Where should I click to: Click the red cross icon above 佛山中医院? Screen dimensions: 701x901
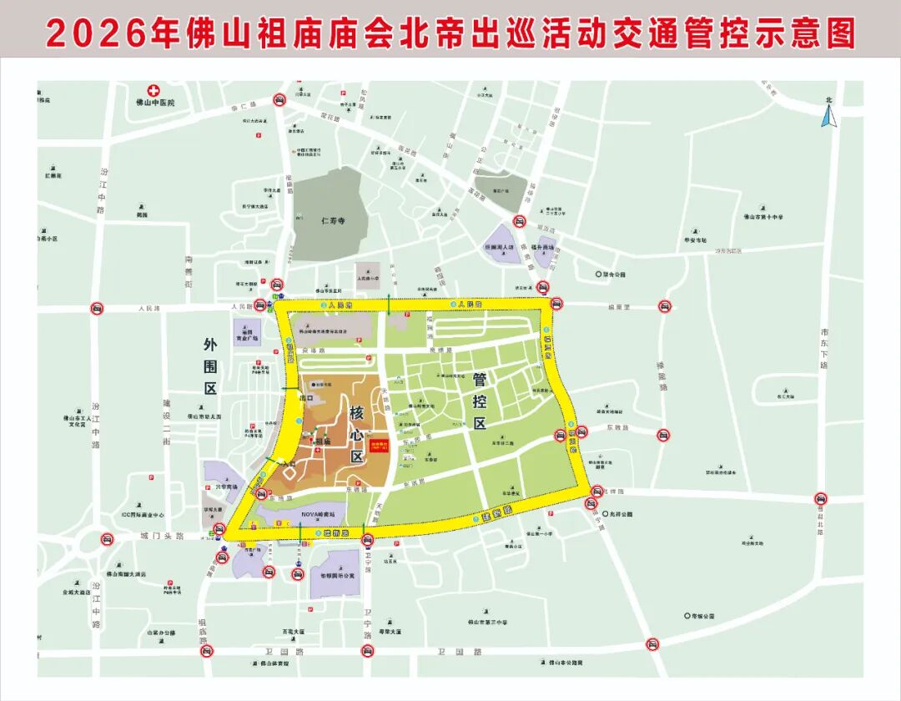click(x=153, y=90)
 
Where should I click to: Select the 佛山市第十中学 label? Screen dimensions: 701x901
click(x=763, y=217)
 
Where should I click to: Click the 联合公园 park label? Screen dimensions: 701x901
click(x=613, y=274)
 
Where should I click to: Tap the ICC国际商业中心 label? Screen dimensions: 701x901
click(x=142, y=515)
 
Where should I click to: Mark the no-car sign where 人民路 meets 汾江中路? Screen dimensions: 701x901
click(x=97, y=309)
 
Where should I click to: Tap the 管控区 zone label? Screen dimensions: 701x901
click(x=479, y=401)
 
